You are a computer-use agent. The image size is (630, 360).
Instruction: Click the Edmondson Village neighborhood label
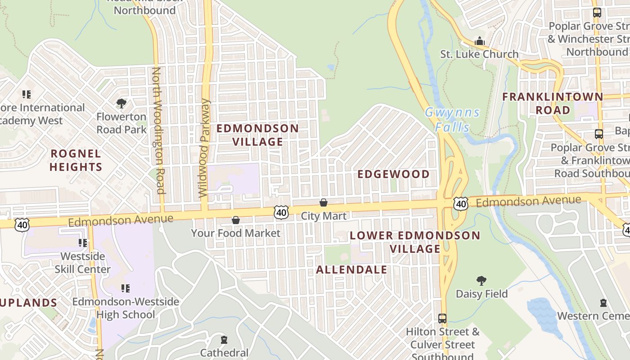pos(257,135)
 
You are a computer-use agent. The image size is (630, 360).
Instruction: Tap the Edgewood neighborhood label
pos(393,174)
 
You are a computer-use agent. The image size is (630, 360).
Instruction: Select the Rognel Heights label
pos(76,160)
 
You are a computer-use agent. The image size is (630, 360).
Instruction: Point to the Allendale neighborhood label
pos(351,270)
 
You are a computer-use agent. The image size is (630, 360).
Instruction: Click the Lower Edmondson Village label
pos(415,242)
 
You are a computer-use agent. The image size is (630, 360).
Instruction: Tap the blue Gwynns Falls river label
pos(452,120)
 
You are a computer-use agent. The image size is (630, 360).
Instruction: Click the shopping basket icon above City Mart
pos(323,203)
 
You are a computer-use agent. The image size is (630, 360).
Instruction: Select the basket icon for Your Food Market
pos(235,220)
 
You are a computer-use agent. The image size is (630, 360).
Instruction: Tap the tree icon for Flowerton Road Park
pos(121,103)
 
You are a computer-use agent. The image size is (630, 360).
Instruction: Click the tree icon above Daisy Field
pos(481,281)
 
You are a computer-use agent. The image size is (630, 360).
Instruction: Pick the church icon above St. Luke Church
pos(479,41)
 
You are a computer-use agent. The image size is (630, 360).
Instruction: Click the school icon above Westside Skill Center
pos(82,243)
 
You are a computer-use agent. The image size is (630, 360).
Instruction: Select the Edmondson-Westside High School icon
pos(125,288)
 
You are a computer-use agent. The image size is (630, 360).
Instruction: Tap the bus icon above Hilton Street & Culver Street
pos(442,319)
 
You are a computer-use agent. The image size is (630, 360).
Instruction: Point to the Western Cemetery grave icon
pos(603,303)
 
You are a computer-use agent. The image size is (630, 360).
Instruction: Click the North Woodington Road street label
pos(158,130)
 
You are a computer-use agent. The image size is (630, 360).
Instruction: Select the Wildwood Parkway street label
pos(205,148)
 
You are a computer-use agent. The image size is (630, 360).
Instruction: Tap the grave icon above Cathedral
pos(224,340)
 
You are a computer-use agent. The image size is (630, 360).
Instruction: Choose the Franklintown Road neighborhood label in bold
pos(553,103)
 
